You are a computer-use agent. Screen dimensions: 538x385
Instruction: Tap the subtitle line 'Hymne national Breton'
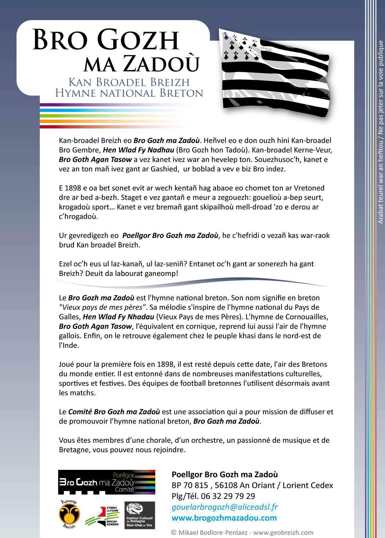[x=129, y=93]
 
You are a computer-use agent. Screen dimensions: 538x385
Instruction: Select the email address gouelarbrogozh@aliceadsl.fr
[x=225, y=507]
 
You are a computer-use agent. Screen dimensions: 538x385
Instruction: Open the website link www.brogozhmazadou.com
[x=224, y=518]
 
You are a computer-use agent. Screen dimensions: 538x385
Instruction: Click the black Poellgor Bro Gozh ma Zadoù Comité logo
[x=107, y=482]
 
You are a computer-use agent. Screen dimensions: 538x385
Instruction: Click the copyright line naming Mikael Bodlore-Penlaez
[x=242, y=532]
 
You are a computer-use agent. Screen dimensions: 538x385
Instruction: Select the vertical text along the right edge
[x=381, y=131]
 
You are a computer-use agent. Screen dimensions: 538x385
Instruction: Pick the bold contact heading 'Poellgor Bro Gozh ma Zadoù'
[x=225, y=474]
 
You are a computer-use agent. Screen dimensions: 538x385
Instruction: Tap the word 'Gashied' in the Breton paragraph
[x=164, y=169]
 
